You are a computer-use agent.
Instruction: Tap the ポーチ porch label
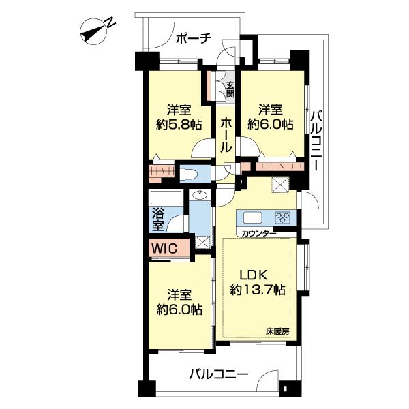tap(193, 39)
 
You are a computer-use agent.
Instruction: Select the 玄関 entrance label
tap(230, 89)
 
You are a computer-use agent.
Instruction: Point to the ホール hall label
tap(226, 134)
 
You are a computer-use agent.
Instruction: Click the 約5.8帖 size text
tap(179, 125)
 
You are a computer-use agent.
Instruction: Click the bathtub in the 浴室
tap(166, 198)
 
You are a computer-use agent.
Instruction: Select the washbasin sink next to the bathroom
tap(200, 195)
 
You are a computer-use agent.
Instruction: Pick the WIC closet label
tap(164, 248)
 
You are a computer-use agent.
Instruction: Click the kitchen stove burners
tap(283, 217)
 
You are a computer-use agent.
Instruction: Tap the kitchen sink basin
tap(252, 217)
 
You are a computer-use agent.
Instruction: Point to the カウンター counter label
tap(259, 233)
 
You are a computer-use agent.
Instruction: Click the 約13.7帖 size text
tap(257, 289)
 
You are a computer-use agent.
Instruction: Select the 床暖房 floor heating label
tap(277, 331)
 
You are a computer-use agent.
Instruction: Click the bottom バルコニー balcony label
tap(219, 375)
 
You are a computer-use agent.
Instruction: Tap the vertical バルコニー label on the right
tap(317, 140)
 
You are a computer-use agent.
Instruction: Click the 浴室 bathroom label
tap(158, 219)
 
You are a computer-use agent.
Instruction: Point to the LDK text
tap(253, 275)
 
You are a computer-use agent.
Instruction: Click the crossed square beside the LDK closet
tap(280, 185)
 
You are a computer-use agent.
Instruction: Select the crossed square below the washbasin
tap(202, 242)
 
